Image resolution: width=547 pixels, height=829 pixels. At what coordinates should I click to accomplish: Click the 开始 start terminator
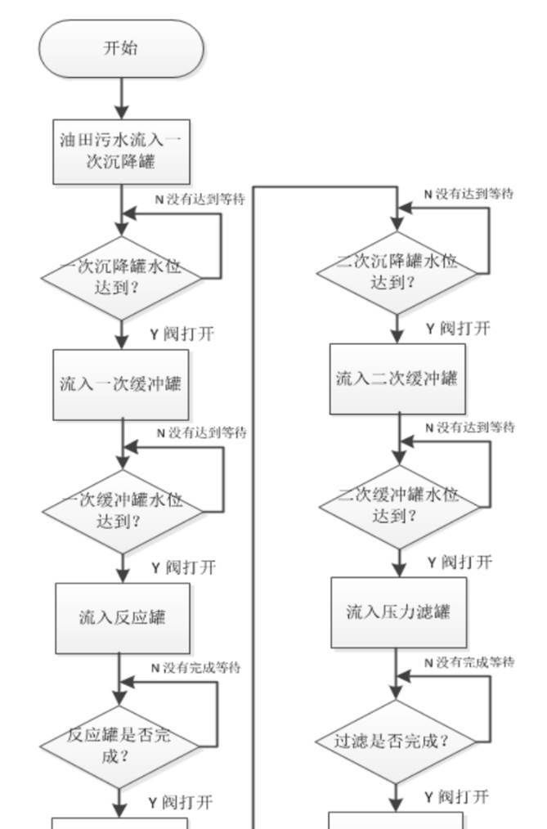coord(121,48)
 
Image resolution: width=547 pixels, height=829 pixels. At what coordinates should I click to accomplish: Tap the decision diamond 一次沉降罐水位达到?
coord(122,278)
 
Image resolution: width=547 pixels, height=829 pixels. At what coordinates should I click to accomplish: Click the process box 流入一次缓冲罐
coord(121,384)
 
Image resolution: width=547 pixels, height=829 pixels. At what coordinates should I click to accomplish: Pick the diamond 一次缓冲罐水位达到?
coord(123,511)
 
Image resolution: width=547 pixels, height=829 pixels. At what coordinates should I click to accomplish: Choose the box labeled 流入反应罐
coord(122,617)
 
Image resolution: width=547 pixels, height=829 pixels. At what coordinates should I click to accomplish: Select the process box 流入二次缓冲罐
coord(397,379)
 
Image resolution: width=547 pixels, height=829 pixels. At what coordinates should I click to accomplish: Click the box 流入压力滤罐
coord(398,612)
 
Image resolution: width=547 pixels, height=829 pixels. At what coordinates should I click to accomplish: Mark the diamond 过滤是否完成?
coord(396,742)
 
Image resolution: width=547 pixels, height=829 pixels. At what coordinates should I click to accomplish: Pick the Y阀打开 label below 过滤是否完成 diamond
coord(457,797)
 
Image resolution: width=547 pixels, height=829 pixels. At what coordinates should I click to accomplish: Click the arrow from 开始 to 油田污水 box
coord(121,98)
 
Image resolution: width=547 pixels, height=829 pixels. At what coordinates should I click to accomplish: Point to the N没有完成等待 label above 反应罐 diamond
coord(195,668)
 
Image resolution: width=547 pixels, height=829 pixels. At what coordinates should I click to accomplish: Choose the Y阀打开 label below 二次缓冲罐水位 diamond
coord(459,562)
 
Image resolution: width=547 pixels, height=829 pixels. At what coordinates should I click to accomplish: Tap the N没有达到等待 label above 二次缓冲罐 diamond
coord(469,428)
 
